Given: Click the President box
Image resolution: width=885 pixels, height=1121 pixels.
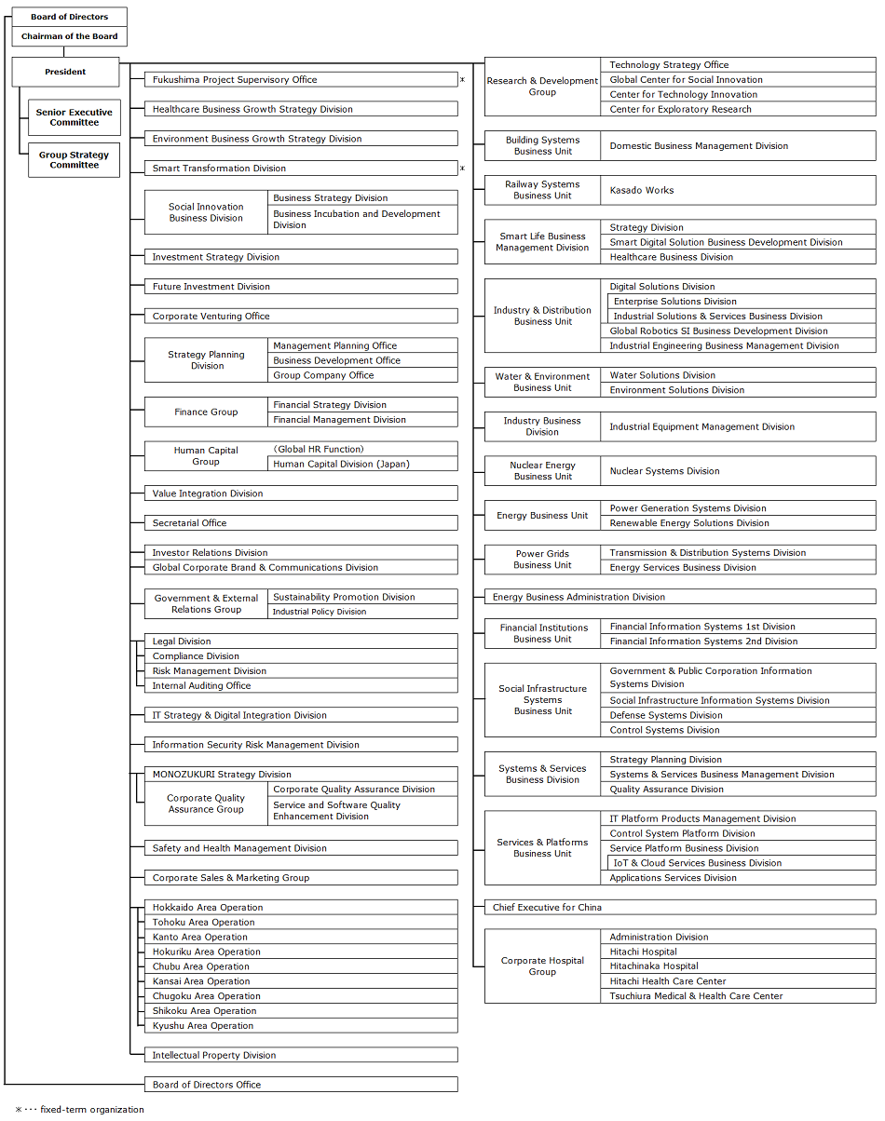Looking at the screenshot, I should coord(65,72).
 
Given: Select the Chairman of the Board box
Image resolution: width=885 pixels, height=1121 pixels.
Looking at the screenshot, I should coord(70,36).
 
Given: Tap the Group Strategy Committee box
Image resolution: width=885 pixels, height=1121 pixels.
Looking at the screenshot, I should coord(75,160).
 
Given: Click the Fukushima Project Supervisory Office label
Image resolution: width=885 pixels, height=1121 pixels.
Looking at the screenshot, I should coord(235,80).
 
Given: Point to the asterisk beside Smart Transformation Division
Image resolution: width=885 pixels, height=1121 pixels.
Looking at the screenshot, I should coord(462,169).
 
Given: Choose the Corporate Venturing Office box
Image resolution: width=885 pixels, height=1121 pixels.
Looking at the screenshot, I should coord(301,317).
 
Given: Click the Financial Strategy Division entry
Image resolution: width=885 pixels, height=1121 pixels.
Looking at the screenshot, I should coord(330,405).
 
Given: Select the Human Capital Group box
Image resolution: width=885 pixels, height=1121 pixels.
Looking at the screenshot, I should coord(206,456).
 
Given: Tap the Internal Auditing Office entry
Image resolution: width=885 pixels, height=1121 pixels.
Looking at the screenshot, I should coord(201,686).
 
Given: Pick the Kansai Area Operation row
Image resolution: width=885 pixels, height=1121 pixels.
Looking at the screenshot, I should coord(201,981).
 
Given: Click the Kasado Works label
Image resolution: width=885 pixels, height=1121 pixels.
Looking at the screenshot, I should coord(642,190).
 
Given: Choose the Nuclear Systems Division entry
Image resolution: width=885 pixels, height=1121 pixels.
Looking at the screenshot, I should coord(664,471).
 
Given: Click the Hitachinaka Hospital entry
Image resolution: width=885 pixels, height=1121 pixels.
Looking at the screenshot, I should coord(654,966).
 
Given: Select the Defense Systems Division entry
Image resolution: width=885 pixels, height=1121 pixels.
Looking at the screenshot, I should coord(666,716).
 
